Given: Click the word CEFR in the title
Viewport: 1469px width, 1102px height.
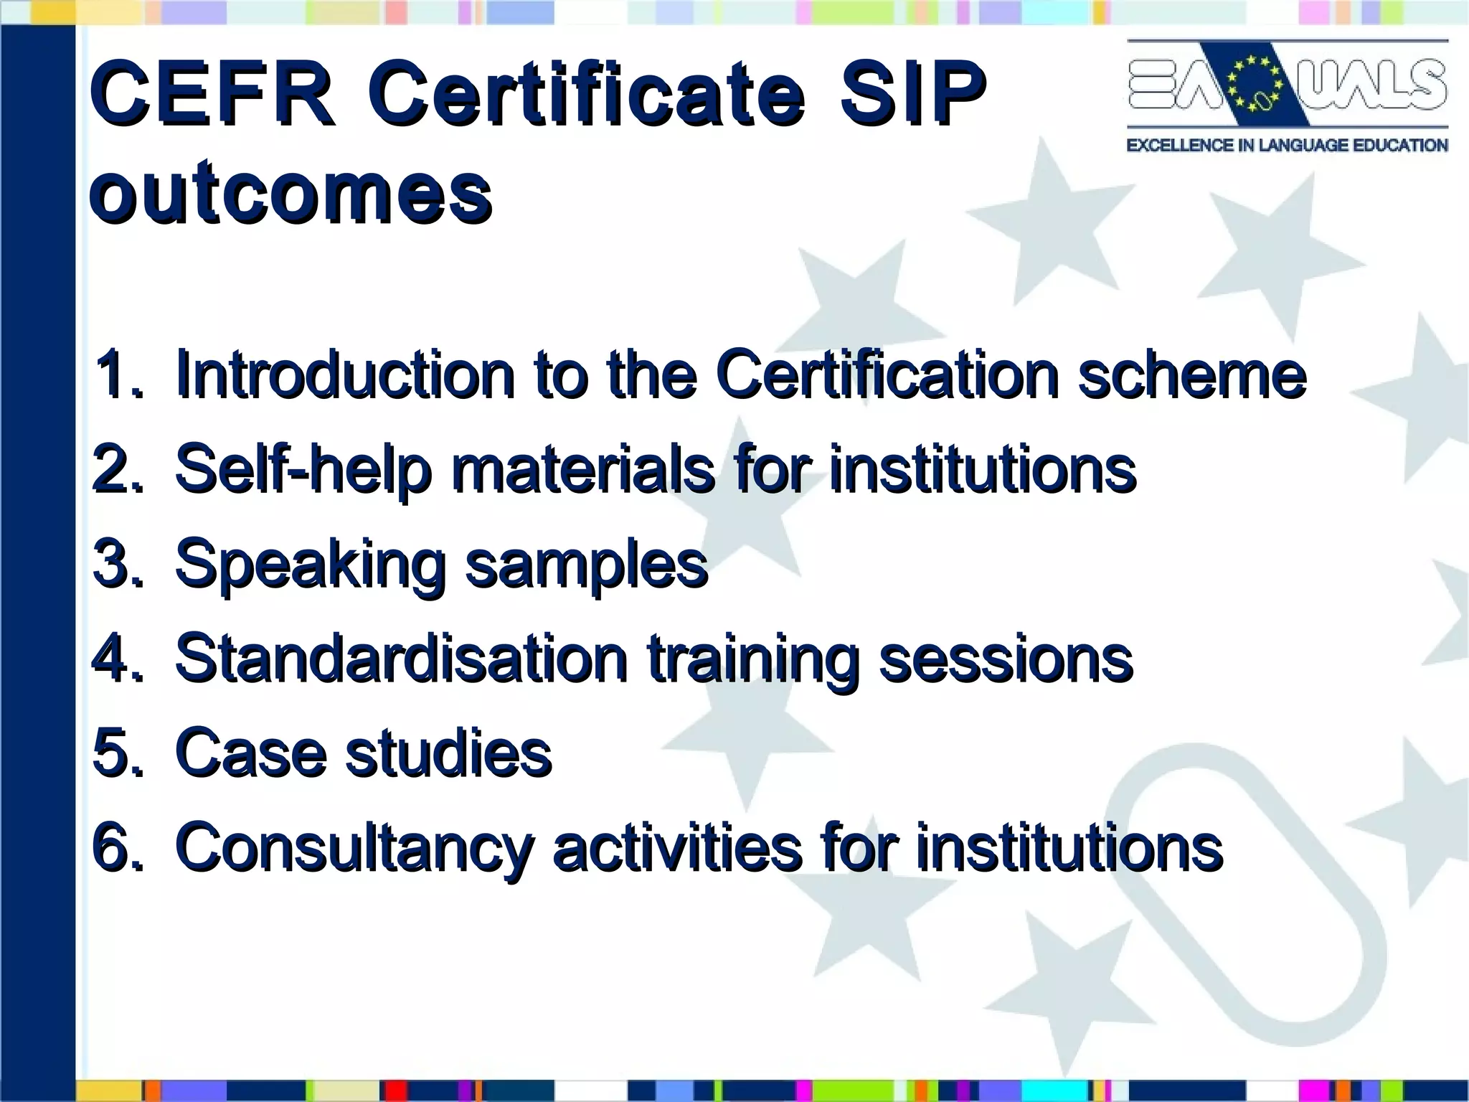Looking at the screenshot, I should click(212, 95).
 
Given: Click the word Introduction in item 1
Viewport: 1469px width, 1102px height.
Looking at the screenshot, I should click(345, 375).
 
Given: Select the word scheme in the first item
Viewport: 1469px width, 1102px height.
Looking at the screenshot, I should click(1191, 375).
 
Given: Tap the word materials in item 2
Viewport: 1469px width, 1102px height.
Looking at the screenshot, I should click(582, 470).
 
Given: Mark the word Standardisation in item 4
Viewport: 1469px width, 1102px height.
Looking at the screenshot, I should click(402, 659).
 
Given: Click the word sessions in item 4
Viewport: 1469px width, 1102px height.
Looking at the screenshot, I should click(1006, 659).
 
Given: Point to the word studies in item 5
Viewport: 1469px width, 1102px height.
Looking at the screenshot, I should click(448, 753).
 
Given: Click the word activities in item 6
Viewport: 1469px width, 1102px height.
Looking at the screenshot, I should click(677, 849).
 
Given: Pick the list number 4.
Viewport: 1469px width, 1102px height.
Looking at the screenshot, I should click(115, 659).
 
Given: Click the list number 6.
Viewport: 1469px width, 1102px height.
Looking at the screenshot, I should click(115, 849).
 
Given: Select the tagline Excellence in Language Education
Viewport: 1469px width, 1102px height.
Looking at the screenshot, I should click(1287, 146).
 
